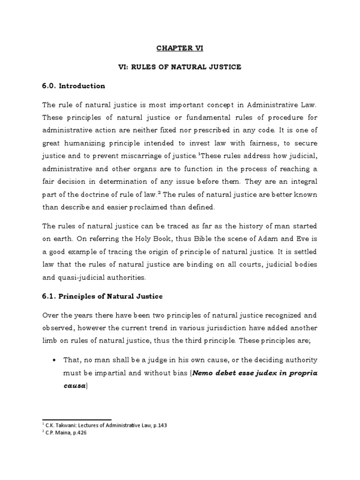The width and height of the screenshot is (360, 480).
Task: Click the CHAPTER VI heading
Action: point(180,47)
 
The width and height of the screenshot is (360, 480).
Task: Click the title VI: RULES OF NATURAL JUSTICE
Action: point(180,67)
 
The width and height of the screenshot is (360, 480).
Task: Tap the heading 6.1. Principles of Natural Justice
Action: point(103,297)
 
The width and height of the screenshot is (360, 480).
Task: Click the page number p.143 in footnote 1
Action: point(159,425)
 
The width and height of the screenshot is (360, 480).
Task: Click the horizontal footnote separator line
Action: point(76,420)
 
